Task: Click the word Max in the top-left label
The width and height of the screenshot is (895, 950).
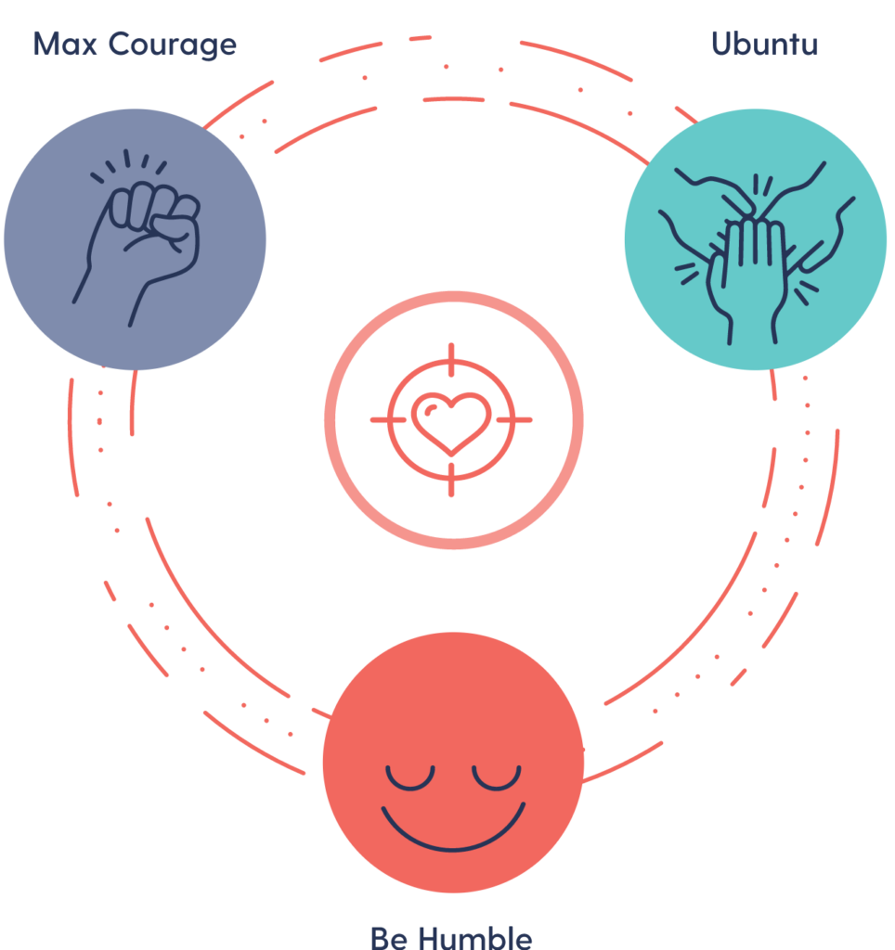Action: point(64,44)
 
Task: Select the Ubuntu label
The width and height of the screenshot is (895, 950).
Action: point(764,44)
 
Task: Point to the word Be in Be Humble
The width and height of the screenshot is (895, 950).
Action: point(390,936)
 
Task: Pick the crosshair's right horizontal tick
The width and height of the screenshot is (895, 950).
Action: point(515,420)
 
